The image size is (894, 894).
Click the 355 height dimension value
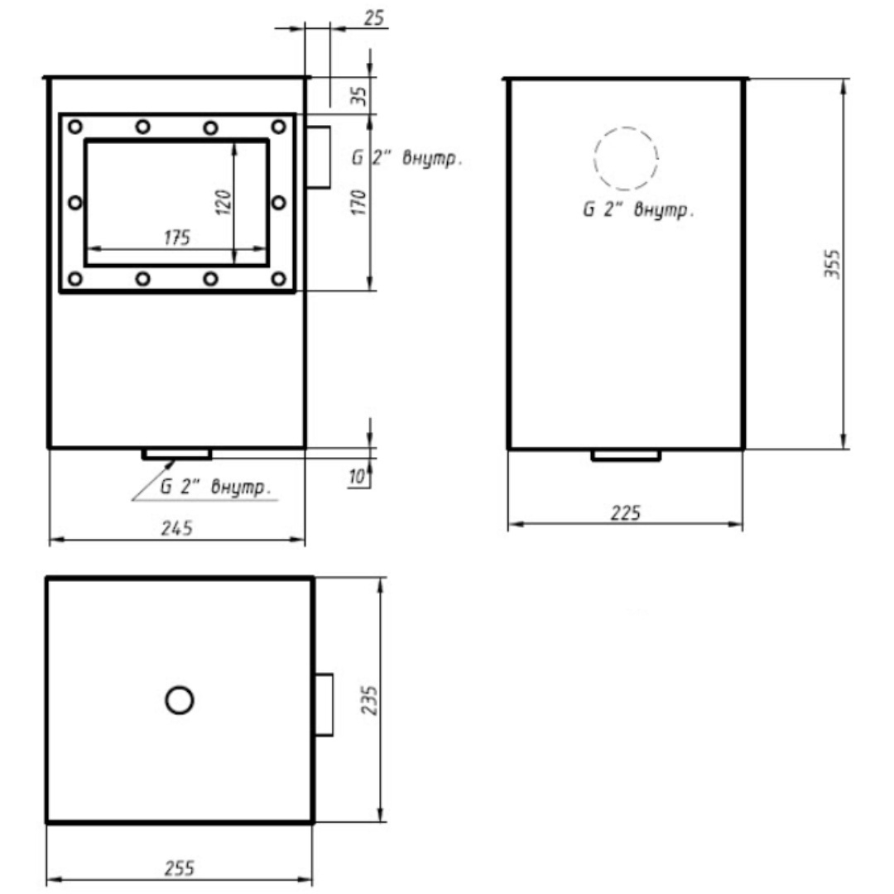[833, 263]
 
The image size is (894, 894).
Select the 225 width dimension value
[626, 513]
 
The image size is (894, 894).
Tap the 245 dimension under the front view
[177, 528]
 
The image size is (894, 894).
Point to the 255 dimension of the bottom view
[180, 868]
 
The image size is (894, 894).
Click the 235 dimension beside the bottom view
[369, 699]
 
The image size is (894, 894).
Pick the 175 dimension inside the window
[177, 238]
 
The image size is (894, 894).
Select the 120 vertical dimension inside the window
[224, 202]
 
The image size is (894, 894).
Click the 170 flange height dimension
[358, 202]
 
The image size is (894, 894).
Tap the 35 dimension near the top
[359, 95]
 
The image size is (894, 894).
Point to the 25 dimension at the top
[374, 17]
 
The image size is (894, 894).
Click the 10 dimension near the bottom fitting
[357, 476]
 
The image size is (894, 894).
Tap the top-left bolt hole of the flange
[74, 127]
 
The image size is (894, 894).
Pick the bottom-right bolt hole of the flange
[278, 279]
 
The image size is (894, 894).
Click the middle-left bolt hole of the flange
[74, 203]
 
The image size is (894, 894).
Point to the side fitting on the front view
[318, 156]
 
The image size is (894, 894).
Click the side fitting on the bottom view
[324, 704]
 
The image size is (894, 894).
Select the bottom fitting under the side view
[626, 455]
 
